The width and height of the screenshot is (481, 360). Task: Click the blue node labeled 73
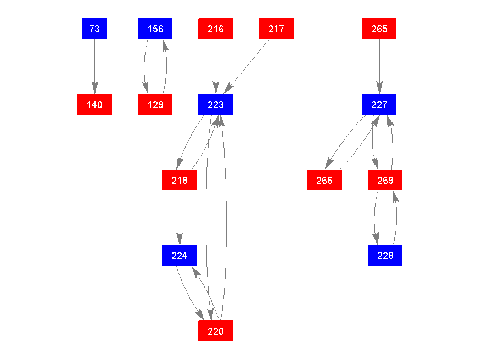tap(94, 29)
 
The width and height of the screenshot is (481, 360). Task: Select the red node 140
tap(94, 104)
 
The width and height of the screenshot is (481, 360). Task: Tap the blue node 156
tap(155, 29)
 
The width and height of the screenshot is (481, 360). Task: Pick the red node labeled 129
tap(155, 104)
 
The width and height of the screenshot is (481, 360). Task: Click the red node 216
tap(216, 29)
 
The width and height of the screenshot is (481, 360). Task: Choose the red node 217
tap(276, 29)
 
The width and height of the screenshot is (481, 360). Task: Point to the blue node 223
tap(216, 104)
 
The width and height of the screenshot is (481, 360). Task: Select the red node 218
tap(180, 180)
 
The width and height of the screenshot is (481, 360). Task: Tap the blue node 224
tap(180, 255)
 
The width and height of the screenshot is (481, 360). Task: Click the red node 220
tap(216, 331)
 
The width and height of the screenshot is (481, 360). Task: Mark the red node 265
tap(379, 29)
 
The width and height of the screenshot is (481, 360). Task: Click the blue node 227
tap(379, 104)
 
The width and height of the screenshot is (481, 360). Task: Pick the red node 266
tap(325, 180)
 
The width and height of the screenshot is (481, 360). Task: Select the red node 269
tap(385, 180)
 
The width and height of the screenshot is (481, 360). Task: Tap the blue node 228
tap(385, 255)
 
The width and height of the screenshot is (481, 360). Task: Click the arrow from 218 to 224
tap(180, 217)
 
